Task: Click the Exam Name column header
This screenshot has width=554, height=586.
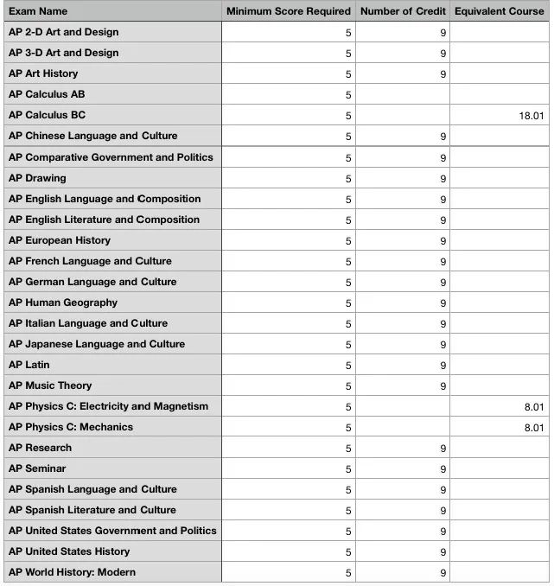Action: click(x=38, y=11)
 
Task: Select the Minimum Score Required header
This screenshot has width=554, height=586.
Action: click(x=288, y=11)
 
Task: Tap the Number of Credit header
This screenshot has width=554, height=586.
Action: click(x=402, y=11)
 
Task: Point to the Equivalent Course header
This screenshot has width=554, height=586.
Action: click(x=499, y=11)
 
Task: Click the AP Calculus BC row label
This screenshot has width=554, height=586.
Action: click(x=47, y=115)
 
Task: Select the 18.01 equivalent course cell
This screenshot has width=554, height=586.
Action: click(x=531, y=116)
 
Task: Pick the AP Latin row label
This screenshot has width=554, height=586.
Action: click(x=29, y=365)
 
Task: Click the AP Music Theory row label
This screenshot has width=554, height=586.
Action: click(x=50, y=385)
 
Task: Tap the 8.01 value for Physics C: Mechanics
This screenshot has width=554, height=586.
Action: click(x=533, y=428)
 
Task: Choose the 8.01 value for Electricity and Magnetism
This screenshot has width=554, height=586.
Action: click(x=533, y=407)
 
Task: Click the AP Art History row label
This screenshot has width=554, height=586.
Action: click(x=43, y=73)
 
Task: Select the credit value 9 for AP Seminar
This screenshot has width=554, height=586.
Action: click(x=443, y=469)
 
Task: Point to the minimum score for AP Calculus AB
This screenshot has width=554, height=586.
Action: click(x=348, y=95)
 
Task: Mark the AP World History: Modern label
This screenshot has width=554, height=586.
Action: click(x=72, y=572)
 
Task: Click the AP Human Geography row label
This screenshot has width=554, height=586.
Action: click(x=63, y=303)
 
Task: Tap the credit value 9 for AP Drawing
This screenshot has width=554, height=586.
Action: click(x=443, y=179)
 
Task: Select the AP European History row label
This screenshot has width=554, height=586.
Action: click(x=60, y=240)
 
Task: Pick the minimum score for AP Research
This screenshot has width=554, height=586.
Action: click(x=348, y=449)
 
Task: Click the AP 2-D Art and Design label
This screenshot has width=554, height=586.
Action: click(x=64, y=32)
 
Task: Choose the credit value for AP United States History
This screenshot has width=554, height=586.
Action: click(x=443, y=552)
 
